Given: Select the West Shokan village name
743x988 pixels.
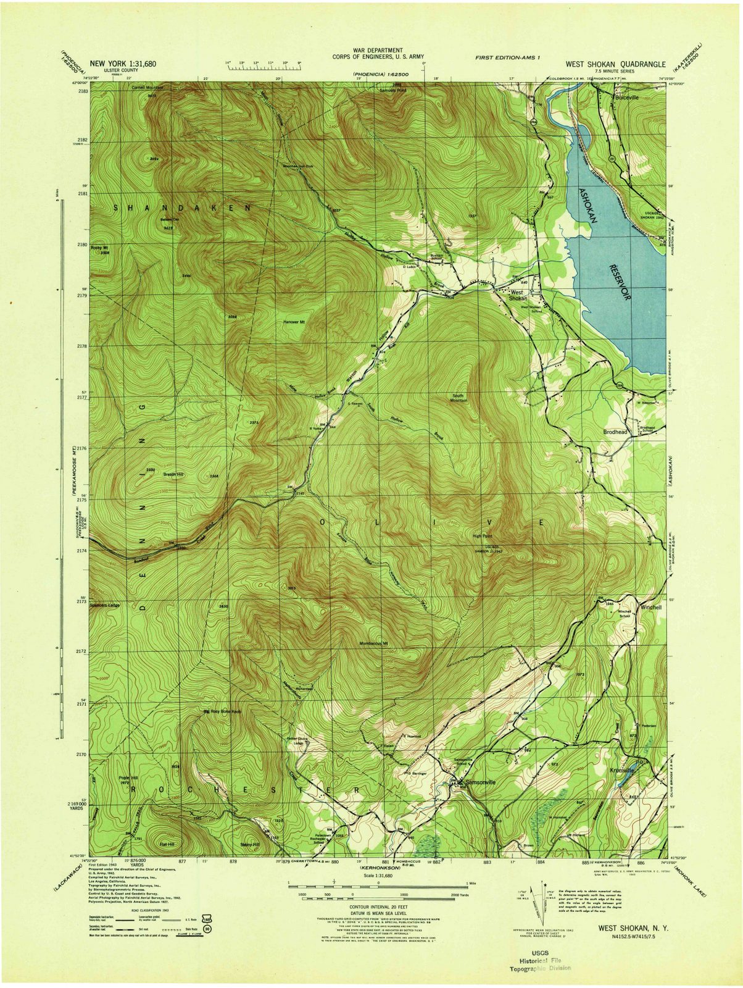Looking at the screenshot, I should point(517,295).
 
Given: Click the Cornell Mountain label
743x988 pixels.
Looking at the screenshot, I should point(146,88).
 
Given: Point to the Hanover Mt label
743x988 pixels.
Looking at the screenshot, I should point(294,322).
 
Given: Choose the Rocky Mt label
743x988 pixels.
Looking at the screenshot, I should point(99,248).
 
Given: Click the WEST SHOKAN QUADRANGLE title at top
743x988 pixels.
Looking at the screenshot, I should point(615,64).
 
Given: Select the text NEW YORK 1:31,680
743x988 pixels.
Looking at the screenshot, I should point(123,64).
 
